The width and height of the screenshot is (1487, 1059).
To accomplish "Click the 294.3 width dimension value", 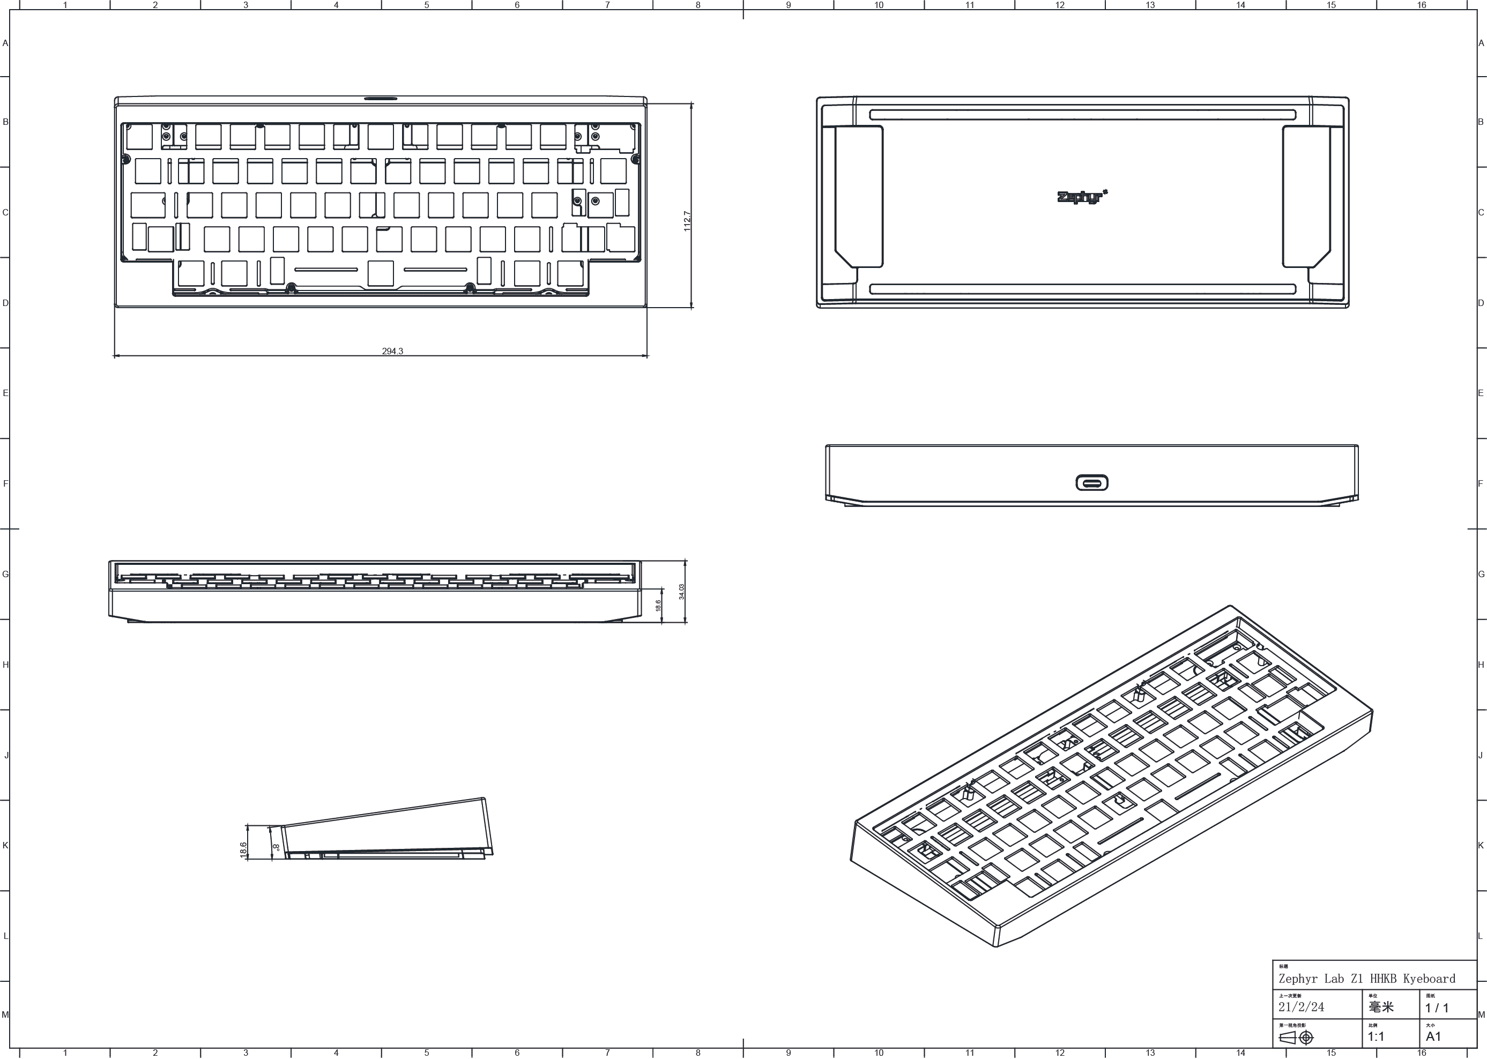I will click(392, 351).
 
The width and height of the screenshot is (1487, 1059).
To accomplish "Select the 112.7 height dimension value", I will click(687, 220).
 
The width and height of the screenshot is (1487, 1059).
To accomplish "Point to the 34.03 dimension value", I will click(681, 592).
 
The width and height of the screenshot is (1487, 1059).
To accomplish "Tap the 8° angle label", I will click(277, 848).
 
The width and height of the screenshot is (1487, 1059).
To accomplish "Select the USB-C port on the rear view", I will click(1092, 483).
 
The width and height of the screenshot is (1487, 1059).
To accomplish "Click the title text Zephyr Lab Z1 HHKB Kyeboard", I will click(1366, 979).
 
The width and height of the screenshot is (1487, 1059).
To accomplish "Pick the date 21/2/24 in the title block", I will click(1301, 1007).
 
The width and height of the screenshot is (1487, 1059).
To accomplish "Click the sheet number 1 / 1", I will click(1437, 1008).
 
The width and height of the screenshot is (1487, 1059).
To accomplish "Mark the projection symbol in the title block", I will click(1297, 1038).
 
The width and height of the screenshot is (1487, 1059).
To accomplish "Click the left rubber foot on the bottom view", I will click(859, 196).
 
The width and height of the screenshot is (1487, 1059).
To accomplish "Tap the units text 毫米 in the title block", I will click(1381, 1007).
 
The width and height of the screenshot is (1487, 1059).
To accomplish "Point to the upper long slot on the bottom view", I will click(1083, 115).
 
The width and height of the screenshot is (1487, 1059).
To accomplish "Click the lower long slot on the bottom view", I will click(1083, 289).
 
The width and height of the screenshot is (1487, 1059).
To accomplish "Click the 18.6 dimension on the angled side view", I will click(243, 849).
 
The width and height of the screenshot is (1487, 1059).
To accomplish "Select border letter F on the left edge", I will click(5, 484).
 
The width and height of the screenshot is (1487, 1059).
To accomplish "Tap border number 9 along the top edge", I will click(789, 5).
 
